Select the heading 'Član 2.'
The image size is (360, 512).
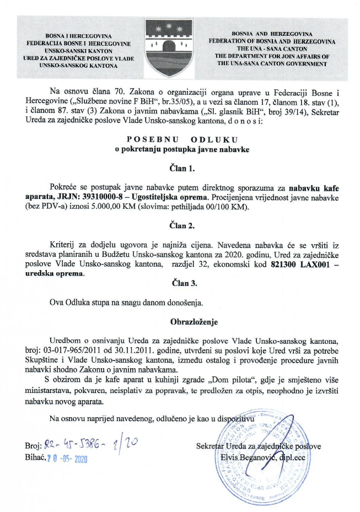coord(180,226)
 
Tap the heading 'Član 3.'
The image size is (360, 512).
coord(180,284)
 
